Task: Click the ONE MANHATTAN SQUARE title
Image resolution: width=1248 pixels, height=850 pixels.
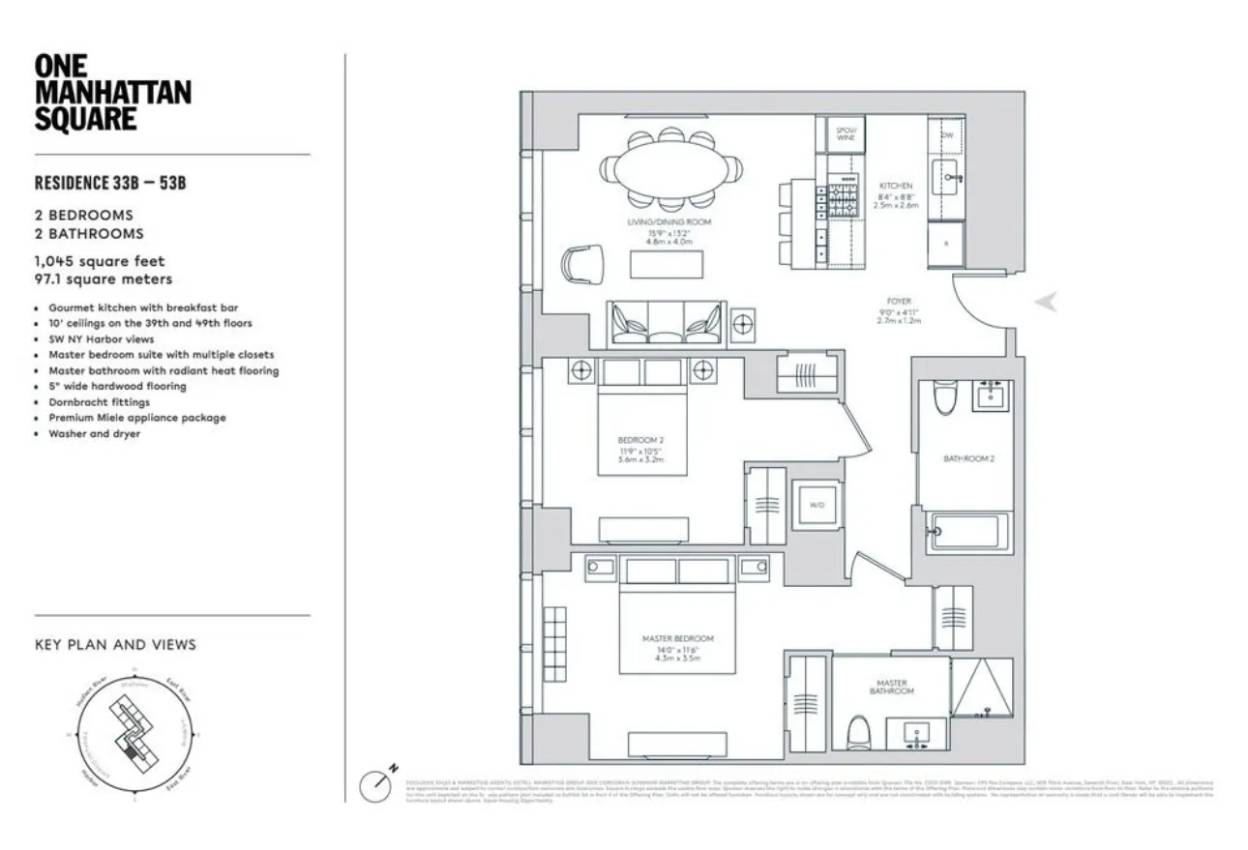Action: pos(112,93)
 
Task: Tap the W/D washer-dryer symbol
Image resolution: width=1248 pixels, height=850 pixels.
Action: pos(815,505)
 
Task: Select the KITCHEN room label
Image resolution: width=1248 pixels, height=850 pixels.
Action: pos(895,186)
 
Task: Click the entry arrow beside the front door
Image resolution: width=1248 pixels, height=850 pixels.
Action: pos(1045,303)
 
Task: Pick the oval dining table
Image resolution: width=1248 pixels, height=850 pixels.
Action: pos(672,171)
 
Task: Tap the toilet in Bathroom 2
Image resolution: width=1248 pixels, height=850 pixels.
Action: pos(945,396)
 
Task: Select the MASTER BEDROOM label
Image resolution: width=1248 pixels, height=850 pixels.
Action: pos(677,639)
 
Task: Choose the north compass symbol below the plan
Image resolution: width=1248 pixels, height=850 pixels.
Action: pos(377,783)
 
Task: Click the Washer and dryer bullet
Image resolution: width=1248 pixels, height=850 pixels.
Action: pos(94,434)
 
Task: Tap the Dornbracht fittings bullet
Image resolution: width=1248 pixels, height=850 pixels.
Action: pos(99,402)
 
